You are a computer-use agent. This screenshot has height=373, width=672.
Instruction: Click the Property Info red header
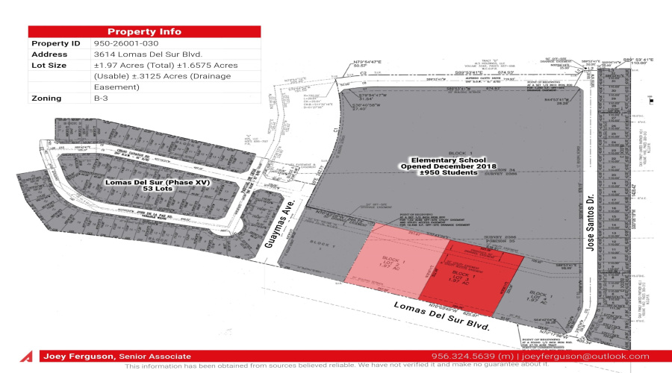pyautogui.click(x=144, y=31)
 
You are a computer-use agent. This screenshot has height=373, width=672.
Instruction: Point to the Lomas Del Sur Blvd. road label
pyautogui.click(x=444, y=316)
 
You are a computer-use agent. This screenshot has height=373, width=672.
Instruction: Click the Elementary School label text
pyautogui.click(x=454, y=160)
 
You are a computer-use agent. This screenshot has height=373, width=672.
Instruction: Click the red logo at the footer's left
pyautogui.click(x=28, y=357)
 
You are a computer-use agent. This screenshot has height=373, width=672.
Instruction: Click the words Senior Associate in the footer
pyautogui.click(x=154, y=356)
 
